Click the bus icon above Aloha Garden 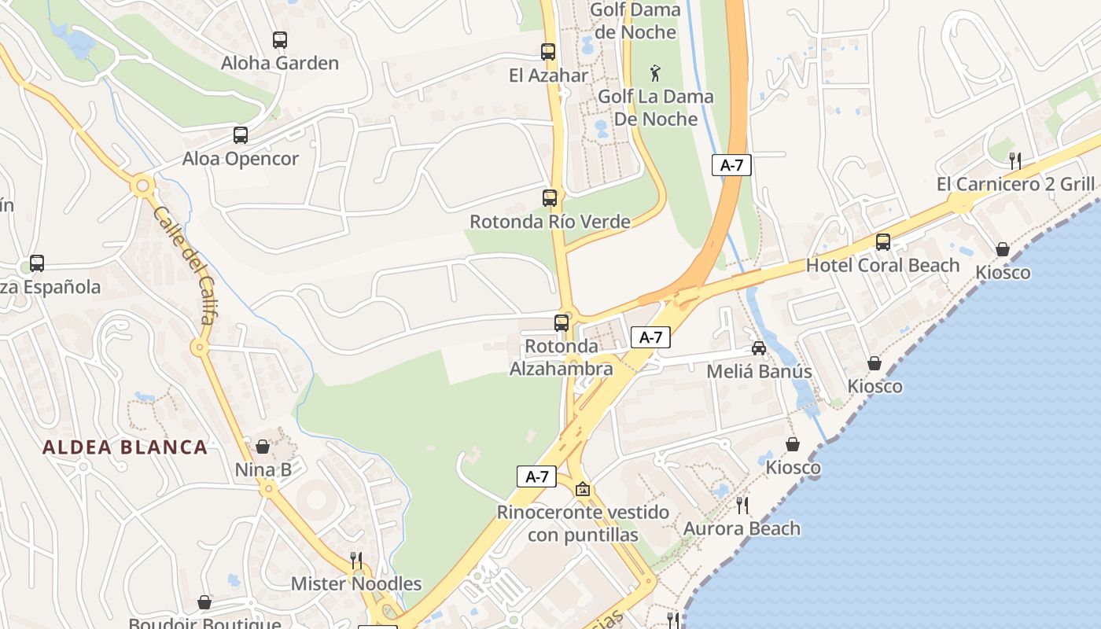[279, 40]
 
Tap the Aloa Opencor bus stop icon [241, 135]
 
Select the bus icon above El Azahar [548, 52]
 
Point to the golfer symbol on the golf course [655, 74]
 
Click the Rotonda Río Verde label [550, 222]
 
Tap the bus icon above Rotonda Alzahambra [562, 322]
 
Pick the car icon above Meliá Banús [759, 348]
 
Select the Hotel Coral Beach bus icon [883, 242]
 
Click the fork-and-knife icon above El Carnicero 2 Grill [1015, 160]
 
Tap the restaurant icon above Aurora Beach [742, 505]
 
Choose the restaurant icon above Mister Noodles [356, 560]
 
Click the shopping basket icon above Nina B [263, 447]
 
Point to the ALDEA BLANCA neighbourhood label [125, 447]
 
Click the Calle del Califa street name [185, 266]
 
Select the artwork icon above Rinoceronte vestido [583, 489]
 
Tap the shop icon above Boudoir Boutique [204, 602]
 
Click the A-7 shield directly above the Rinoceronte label [536, 476]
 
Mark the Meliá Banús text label [759, 371]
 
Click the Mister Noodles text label [356, 583]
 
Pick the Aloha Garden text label [280, 63]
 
